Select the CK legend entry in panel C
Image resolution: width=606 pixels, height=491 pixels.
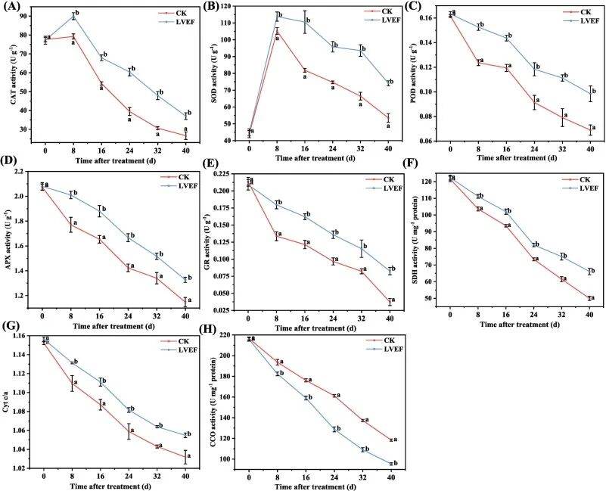581,11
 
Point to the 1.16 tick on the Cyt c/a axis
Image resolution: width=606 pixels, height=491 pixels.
29,336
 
